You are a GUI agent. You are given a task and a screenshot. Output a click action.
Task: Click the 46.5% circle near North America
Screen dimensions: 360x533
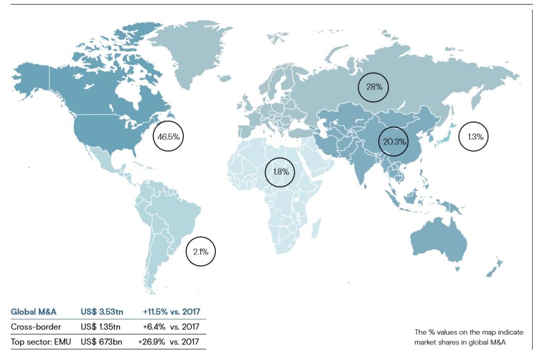(169, 137)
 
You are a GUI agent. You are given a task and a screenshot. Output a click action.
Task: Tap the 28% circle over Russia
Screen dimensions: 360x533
(374, 87)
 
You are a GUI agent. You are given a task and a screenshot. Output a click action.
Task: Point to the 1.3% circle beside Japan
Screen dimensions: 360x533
(475, 137)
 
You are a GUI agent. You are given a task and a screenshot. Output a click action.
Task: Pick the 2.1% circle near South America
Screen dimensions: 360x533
(200, 252)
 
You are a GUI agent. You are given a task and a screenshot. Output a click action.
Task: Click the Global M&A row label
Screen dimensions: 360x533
(34, 312)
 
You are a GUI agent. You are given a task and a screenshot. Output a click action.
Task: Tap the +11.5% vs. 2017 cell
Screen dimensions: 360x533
(171, 312)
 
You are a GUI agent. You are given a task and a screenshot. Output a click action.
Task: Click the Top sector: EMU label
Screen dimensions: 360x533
(41, 342)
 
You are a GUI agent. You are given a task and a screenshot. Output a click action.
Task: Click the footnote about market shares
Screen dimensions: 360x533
(469, 337)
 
